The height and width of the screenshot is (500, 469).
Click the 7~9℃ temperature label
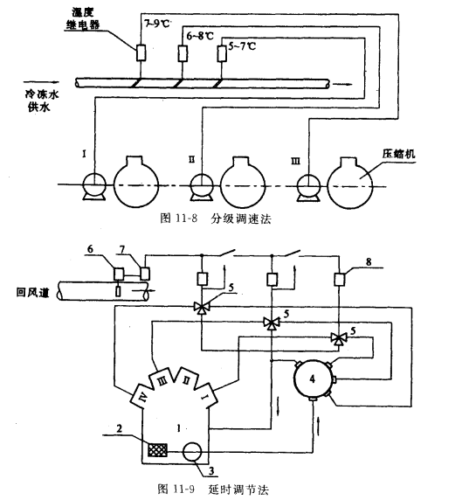[x=157, y=24]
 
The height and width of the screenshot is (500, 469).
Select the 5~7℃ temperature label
[x=242, y=46]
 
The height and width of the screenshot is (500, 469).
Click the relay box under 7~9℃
[x=141, y=52]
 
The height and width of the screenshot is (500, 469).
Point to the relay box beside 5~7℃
[x=222, y=53]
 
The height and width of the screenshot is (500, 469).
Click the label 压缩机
[x=398, y=154]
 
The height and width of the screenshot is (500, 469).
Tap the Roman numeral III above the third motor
[x=295, y=161]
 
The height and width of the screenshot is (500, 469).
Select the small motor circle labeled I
[x=94, y=184]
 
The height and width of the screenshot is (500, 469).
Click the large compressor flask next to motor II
[x=243, y=183]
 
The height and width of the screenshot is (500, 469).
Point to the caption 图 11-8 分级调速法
[x=216, y=219]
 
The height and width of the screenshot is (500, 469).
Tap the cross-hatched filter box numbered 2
[x=157, y=450]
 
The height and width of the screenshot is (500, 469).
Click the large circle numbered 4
[x=313, y=378]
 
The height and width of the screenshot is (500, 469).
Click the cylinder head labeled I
[x=206, y=395]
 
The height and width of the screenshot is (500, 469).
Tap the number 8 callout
[x=369, y=261]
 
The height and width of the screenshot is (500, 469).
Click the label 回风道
[x=33, y=292]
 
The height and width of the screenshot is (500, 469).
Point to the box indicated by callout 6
[x=119, y=274]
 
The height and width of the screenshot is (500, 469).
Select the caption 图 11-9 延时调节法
[x=213, y=490]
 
